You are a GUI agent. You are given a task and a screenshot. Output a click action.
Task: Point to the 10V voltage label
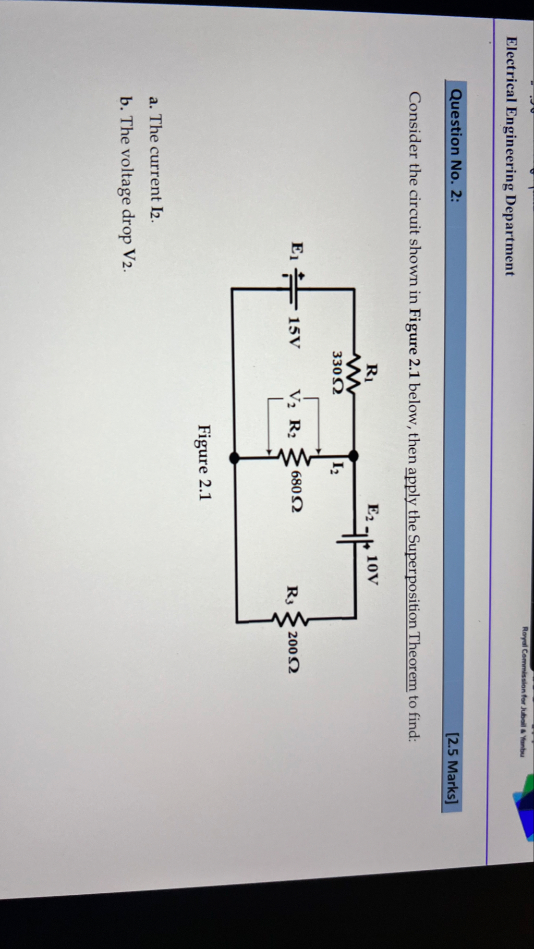tap(372, 570)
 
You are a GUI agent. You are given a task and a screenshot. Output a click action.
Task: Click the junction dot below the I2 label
tap(353, 456)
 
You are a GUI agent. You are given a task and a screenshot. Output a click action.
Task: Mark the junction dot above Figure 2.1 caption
tap(234, 458)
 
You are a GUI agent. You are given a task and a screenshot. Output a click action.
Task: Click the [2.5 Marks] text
tap(452, 776)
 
